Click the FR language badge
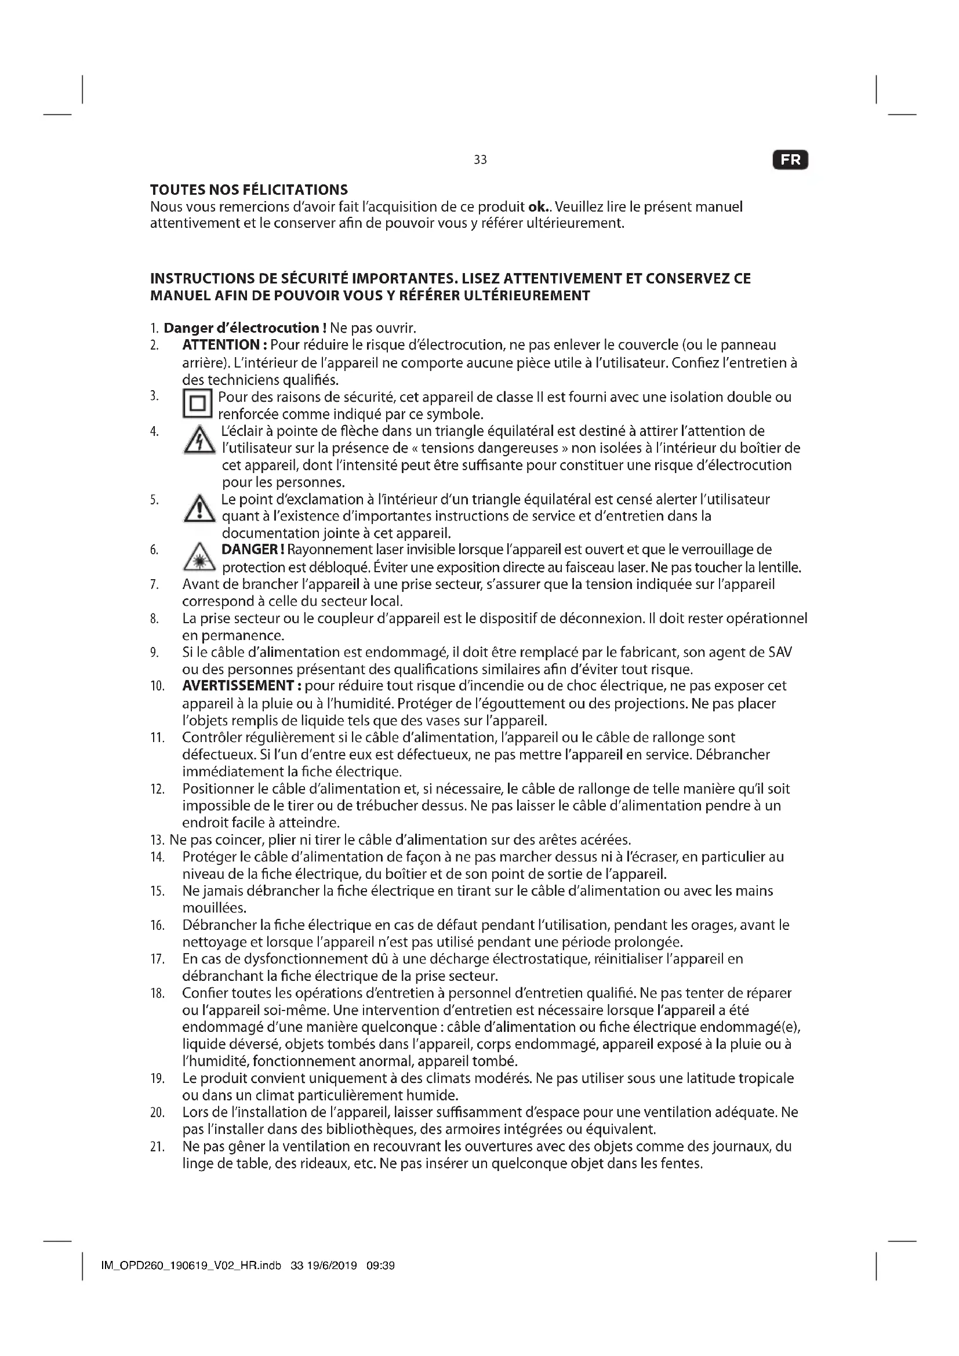coord(790,160)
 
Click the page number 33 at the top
coord(480,160)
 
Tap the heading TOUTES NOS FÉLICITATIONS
coord(249,190)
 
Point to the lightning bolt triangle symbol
coord(199,442)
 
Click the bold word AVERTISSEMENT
coord(242,686)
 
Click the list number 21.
coord(157,1146)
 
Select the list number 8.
coord(154,619)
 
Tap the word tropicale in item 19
coord(765,1078)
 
